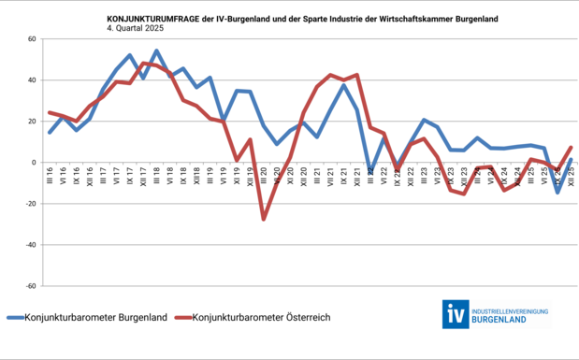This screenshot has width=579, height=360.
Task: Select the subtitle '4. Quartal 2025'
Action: (140, 27)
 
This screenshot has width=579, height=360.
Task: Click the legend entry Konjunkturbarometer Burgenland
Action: (94, 317)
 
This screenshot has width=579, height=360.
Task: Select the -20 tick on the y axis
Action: (29, 204)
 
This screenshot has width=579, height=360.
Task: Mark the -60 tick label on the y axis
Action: (29, 286)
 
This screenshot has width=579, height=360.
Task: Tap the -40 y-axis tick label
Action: (29, 245)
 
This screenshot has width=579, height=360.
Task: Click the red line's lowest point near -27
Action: (264, 219)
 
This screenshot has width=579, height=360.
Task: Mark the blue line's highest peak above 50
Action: (156, 50)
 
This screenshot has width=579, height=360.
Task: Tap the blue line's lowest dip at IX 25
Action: (557, 192)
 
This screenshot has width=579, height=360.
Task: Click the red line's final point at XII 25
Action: (571, 148)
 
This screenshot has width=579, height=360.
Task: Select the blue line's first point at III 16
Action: (51, 133)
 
